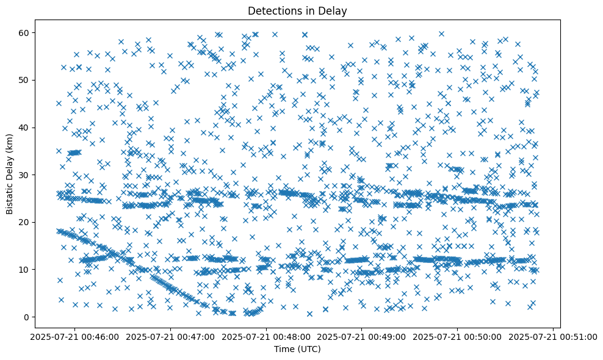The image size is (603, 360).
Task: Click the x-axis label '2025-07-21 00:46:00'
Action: [74, 336]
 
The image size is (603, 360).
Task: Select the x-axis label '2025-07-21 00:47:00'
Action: [170, 336]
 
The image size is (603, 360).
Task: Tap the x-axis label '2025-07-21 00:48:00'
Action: [265, 336]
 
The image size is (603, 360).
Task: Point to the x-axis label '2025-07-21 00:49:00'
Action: [361, 336]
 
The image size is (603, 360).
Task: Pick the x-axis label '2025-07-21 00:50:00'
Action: [457, 336]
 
